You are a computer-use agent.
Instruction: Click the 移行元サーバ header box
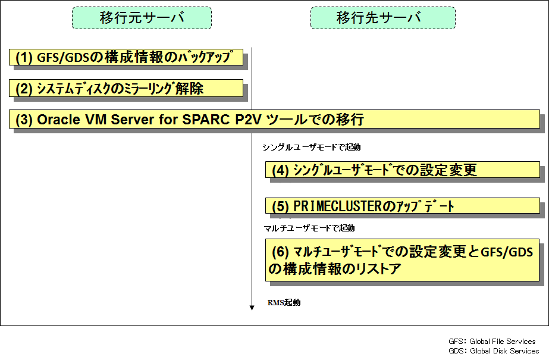point(142,18)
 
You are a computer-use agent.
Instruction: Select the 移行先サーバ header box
point(382,18)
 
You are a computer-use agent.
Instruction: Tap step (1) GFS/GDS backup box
point(126,57)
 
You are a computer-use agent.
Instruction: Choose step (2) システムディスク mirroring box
point(126,88)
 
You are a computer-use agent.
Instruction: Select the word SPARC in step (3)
point(206,120)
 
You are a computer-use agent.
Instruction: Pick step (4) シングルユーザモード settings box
point(403,170)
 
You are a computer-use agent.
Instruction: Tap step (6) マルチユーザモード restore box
point(402,260)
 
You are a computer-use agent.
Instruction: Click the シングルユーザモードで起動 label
point(312,148)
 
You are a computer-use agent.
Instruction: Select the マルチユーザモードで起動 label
point(309,228)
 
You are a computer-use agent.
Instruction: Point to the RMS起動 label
point(284,302)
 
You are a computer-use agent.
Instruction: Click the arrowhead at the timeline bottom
point(252,308)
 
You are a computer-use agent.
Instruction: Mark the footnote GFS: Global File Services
point(492,342)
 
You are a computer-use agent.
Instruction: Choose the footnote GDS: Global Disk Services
point(494,351)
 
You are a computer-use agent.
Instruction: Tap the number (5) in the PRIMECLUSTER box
point(280,206)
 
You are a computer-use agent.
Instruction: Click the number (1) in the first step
point(24,58)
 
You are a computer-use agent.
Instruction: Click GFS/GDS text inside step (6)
point(507,252)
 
